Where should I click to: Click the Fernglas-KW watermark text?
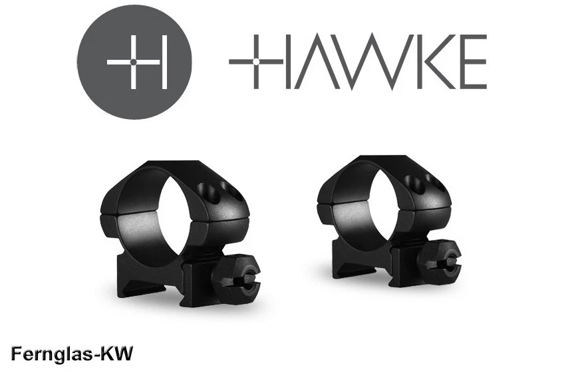[71, 353]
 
